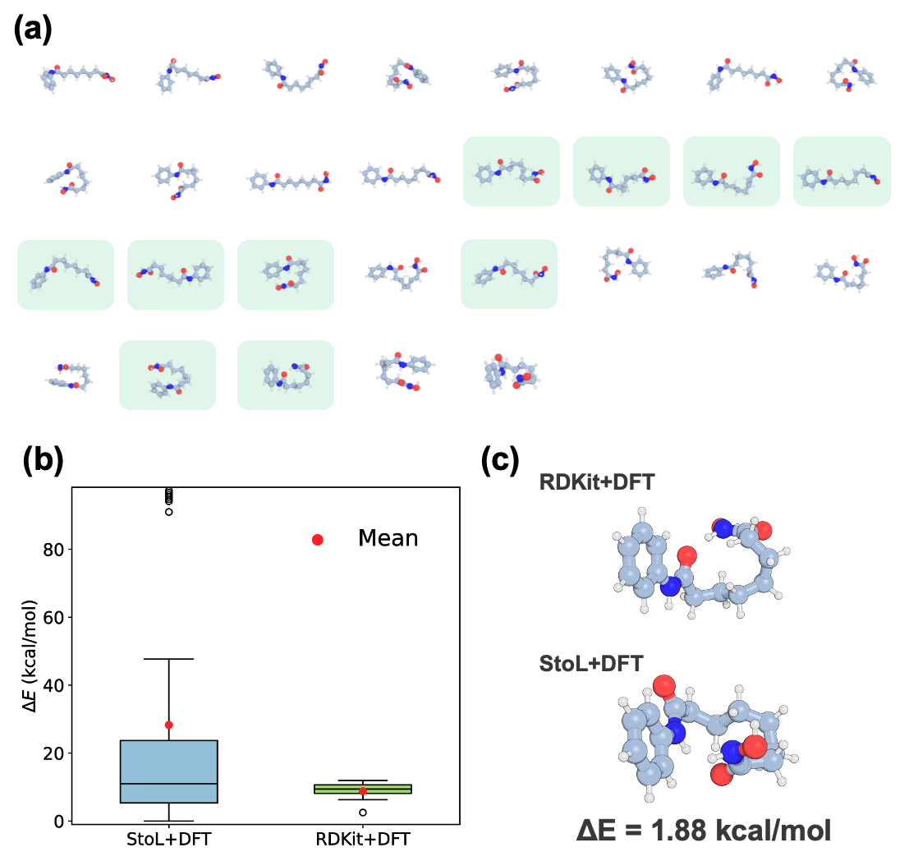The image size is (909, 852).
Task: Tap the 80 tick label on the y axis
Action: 54,549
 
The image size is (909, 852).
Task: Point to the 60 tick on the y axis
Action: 54,617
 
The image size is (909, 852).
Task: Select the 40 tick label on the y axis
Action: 54,685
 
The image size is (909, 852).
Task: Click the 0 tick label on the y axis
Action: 59,821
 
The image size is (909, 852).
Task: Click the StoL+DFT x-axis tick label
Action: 168,839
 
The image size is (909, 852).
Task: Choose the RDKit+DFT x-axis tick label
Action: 363,839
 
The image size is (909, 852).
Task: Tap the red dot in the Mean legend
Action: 318,540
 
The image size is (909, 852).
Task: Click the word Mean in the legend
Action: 388,539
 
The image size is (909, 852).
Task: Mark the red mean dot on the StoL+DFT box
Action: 169,725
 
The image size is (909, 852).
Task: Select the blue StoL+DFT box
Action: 169,772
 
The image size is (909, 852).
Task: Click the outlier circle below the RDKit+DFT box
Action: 363,812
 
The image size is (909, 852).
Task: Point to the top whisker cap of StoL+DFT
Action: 169,659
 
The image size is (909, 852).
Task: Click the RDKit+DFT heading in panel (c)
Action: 596,482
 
